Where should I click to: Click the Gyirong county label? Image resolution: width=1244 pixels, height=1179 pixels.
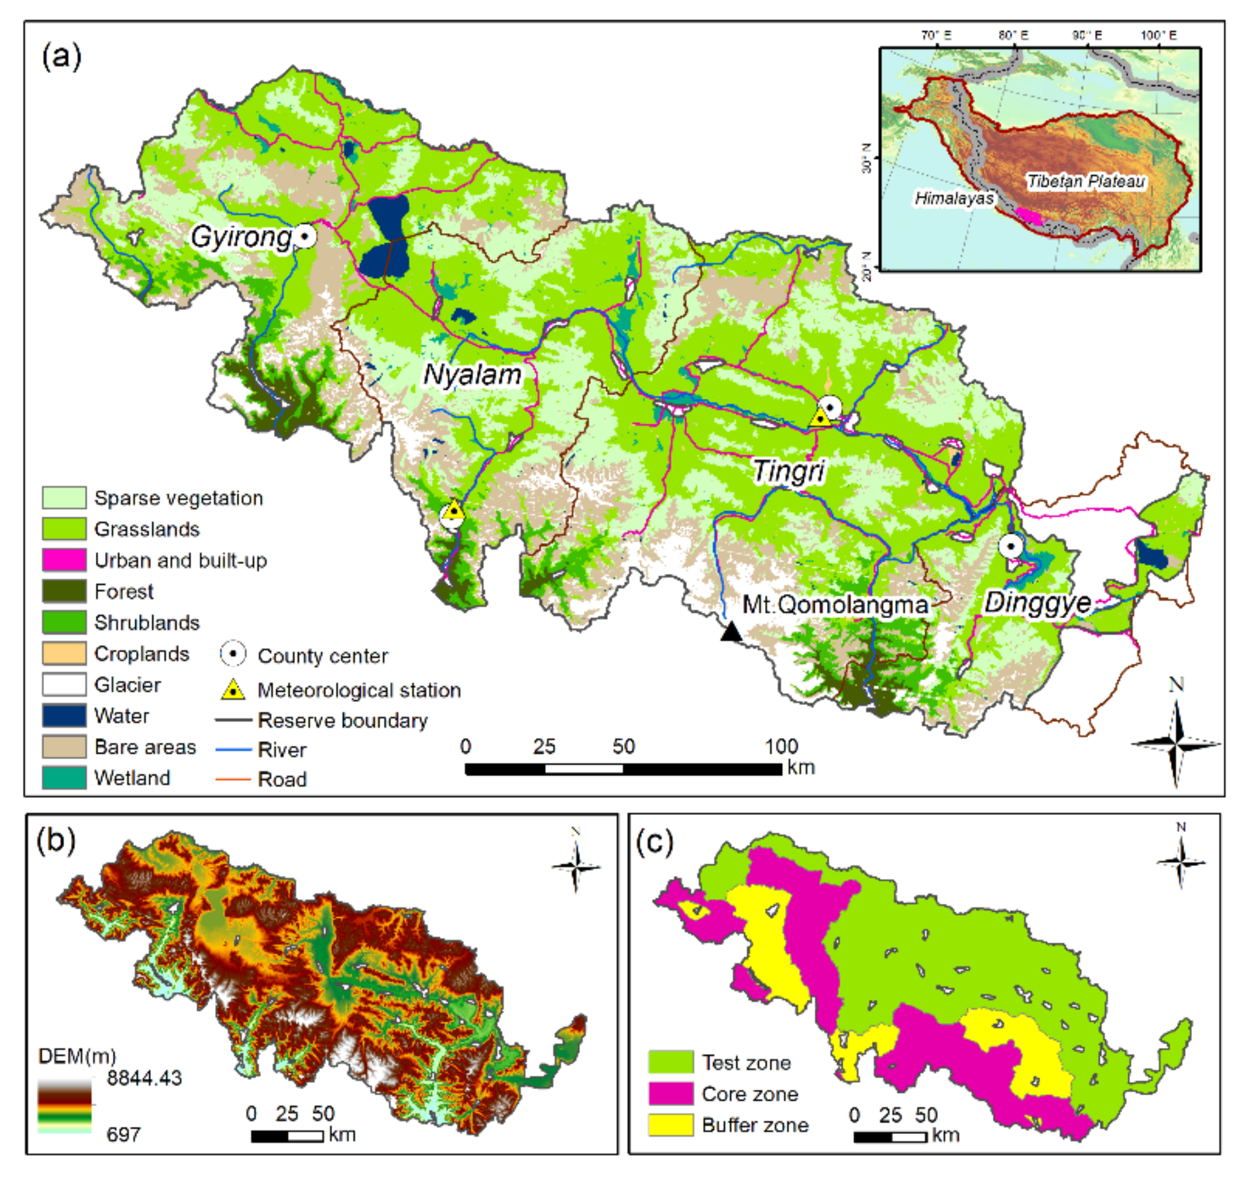(241, 238)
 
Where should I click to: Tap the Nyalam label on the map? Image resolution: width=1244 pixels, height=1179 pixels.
(472, 375)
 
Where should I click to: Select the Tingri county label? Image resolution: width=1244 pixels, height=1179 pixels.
(788, 471)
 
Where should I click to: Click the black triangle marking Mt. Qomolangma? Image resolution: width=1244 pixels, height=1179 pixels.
(730, 632)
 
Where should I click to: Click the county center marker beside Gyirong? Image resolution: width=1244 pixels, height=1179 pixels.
(305, 237)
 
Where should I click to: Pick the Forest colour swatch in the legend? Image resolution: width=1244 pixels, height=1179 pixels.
(64, 591)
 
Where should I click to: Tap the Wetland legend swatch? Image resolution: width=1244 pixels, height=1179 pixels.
(64, 778)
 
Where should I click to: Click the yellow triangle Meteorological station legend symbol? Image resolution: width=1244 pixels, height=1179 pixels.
(233, 690)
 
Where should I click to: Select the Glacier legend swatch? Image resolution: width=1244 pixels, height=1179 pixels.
(64, 684)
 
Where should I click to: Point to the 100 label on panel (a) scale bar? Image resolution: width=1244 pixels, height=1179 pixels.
(782, 747)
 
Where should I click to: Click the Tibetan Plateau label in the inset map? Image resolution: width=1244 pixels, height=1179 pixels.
(1086, 181)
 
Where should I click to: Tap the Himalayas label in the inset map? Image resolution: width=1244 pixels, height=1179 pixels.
(953, 198)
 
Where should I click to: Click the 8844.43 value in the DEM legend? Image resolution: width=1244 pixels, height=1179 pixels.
(144, 1078)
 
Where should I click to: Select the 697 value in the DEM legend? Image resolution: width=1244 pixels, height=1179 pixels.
(123, 1135)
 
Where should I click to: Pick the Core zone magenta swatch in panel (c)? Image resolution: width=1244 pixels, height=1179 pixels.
(671, 1094)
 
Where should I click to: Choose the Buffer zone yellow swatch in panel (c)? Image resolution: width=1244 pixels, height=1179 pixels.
(671, 1125)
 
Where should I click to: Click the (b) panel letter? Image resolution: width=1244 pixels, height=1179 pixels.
(56, 840)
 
